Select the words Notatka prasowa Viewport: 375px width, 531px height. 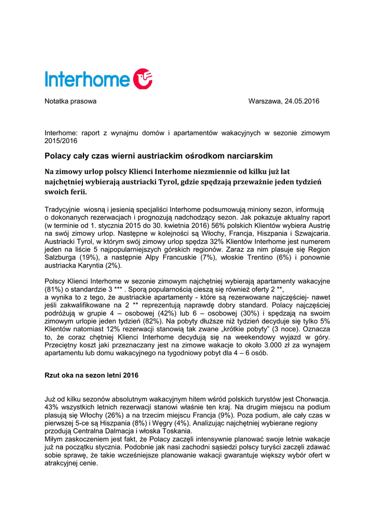click(70, 101)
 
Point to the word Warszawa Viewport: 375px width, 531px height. click(265, 101)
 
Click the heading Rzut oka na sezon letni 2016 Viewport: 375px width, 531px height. click(92, 374)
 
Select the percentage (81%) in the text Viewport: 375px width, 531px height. click(54, 289)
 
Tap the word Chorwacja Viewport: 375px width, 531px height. click(312, 399)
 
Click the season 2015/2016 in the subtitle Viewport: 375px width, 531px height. click(61, 141)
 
